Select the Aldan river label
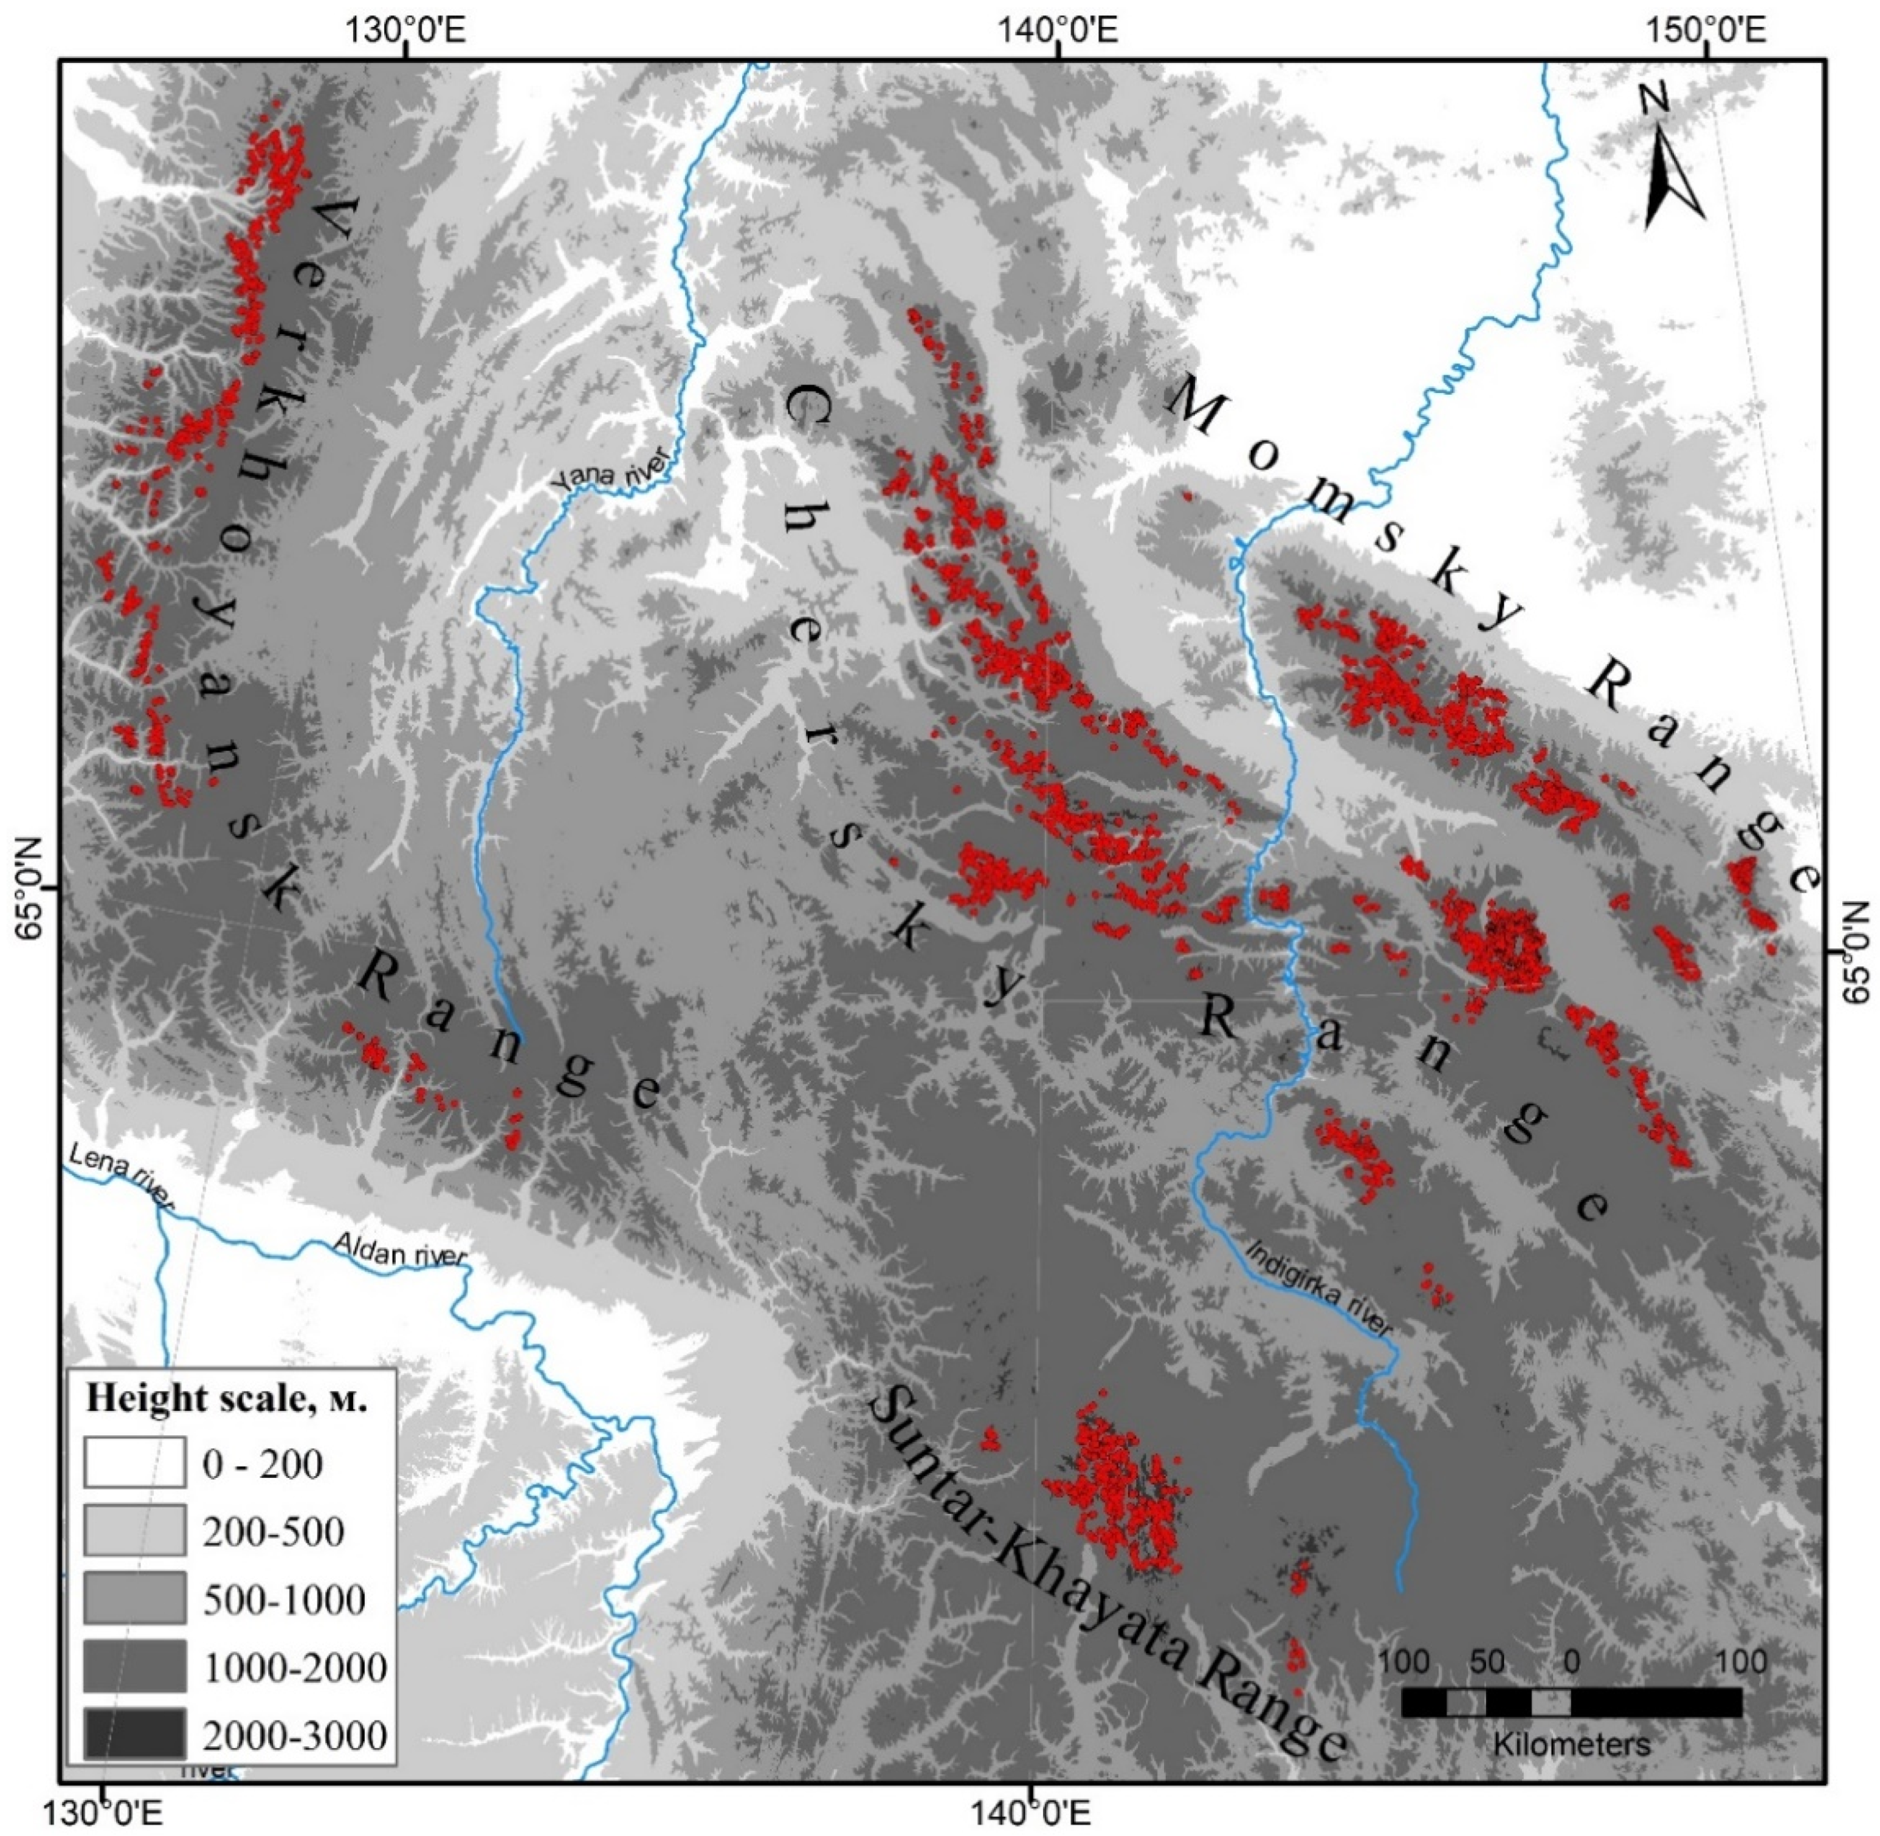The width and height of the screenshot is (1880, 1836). coord(400,1249)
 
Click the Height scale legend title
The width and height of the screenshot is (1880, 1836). coord(227,1398)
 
